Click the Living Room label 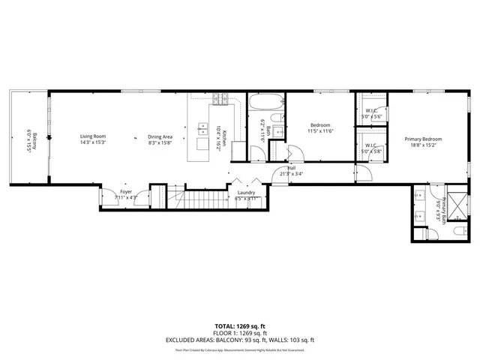(x=94, y=136)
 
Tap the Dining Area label (x=160, y=136)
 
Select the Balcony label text (x=28, y=139)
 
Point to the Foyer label (x=126, y=192)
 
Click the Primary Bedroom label (x=423, y=139)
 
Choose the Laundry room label (x=246, y=193)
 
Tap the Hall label (x=292, y=168)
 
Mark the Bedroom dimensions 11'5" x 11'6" (x=319, y=131)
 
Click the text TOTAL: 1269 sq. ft (x=240, y=327)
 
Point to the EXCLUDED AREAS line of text (x=240, y=340)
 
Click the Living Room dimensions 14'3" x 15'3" (x=94, y=142)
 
